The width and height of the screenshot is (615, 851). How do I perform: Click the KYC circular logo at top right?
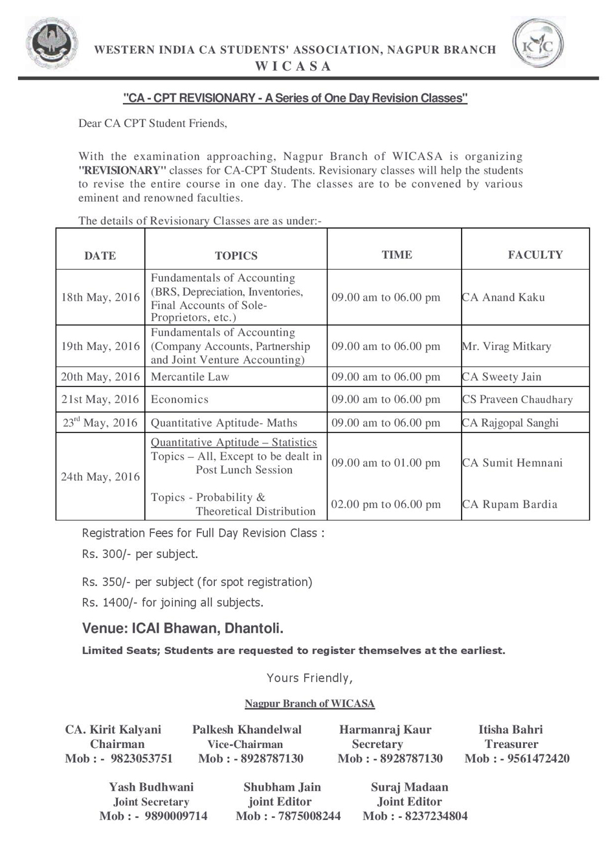pos(539,43)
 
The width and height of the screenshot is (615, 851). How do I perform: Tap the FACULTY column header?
pos(535,255)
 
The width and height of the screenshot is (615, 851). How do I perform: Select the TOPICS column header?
pos(236,255)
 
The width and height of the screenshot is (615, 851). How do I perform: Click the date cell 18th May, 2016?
pos(100,297)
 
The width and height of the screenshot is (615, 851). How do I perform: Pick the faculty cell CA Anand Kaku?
pos(503,297)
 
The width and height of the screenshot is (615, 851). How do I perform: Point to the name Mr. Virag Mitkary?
pos(506,346)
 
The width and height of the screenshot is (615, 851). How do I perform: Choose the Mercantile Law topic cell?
pos(190,377)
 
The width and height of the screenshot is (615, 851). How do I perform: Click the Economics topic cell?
pos(179,399)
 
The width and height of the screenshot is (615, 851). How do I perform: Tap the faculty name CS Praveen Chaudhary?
pos(517,399)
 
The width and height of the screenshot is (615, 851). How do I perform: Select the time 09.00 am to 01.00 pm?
pos(386,463)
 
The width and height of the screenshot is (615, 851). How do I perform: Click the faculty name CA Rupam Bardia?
pos(509,504)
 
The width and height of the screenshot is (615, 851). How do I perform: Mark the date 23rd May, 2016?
pos(100,423)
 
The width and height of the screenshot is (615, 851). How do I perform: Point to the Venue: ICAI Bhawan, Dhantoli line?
pos(183,629)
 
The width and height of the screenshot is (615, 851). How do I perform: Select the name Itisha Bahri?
pos(510,730)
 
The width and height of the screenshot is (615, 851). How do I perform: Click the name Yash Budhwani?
pos(151,787)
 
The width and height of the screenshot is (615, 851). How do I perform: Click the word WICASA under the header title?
pos(293,66)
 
